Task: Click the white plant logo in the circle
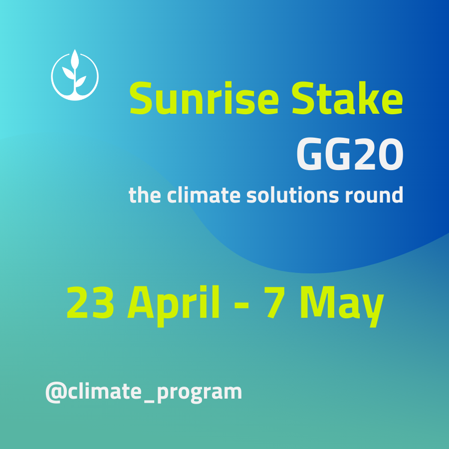click(x=75, y=75)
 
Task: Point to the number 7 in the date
click(x=274, y=303)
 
